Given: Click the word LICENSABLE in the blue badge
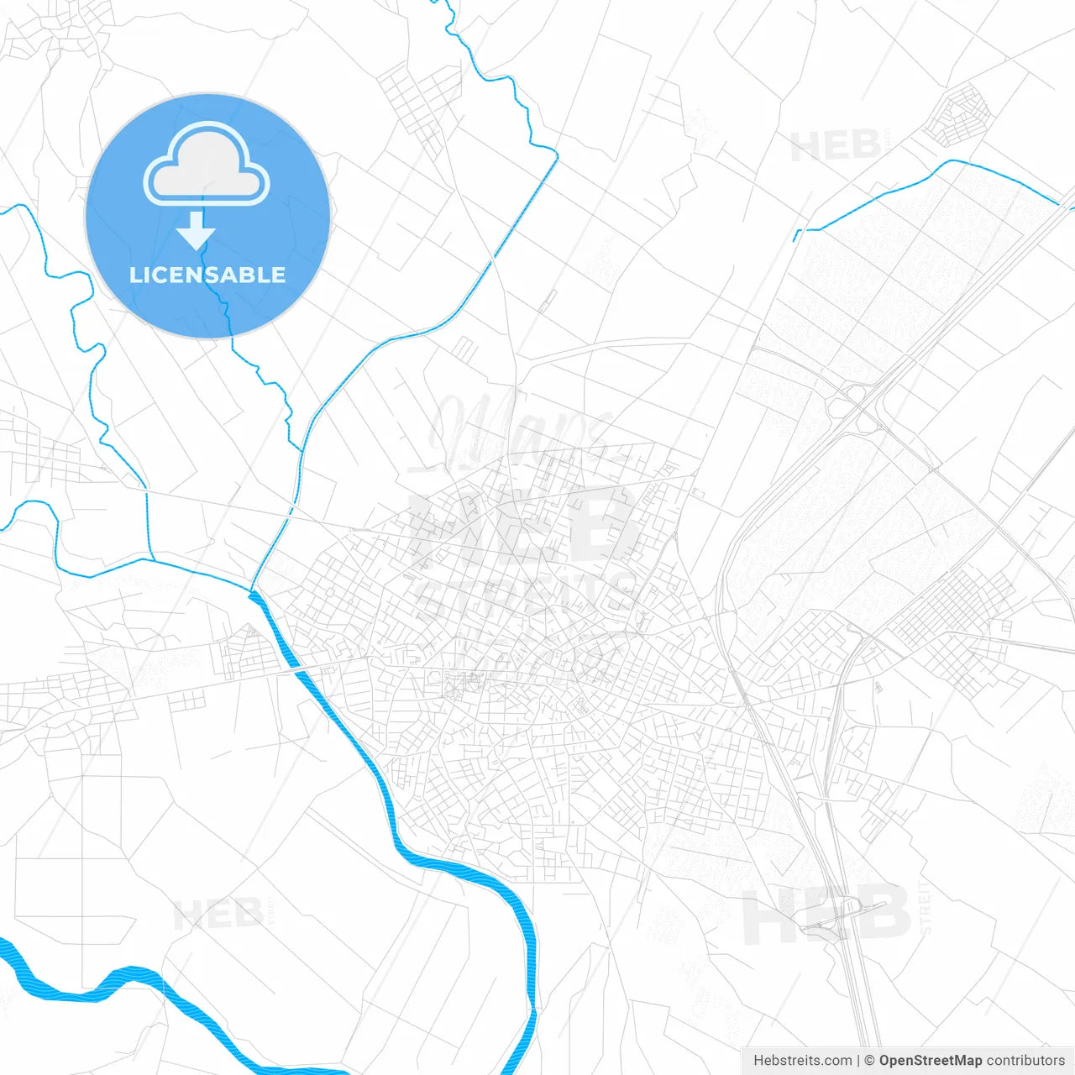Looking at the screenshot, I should [207, 275].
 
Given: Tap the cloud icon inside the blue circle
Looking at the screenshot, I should [207, 164].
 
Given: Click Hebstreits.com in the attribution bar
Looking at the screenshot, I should [802, 1061].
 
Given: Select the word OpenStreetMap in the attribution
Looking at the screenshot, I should [930, 1061].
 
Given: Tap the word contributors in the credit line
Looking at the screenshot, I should [1025, 1061].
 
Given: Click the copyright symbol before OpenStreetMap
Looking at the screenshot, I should [869, 1061].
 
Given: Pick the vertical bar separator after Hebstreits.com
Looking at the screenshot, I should [858, 1061].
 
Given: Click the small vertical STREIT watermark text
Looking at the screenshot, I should [926, 907].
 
